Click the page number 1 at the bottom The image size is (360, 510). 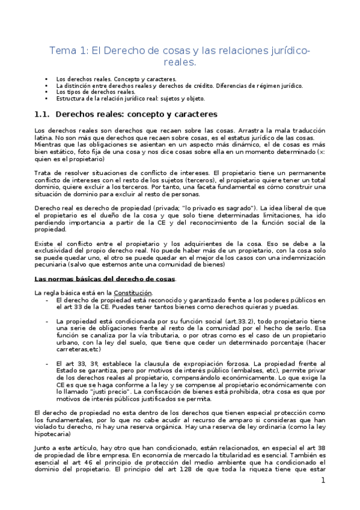pyautogui.click(x=323, y=481)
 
